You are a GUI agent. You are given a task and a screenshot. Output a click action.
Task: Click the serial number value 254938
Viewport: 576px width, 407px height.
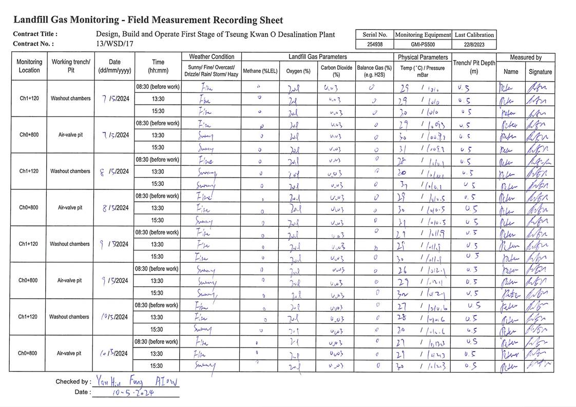[375, 45]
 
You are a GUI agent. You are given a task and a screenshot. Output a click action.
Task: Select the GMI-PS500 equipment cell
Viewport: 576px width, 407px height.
[423, 45]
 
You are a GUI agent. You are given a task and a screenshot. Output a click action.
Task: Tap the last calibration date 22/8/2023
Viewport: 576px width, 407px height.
[474, 45]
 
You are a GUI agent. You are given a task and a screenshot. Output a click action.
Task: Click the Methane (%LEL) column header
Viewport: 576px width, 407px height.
[260, 71]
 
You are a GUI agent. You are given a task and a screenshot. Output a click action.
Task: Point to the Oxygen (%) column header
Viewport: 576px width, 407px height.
[298, 71]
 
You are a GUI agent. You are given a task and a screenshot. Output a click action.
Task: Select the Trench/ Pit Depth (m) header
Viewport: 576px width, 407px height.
[474, 67]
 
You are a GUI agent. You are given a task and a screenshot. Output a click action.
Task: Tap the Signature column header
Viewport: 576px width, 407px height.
[540, 72]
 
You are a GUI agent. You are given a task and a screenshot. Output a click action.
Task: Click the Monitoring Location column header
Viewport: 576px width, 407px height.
[29, 66]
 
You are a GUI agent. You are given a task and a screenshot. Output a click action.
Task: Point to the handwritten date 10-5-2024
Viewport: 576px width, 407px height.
[133, 392]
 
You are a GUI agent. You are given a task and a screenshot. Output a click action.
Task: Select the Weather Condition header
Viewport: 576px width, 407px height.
[212, 57]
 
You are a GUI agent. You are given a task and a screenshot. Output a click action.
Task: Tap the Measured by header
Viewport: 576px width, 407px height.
[525, 57]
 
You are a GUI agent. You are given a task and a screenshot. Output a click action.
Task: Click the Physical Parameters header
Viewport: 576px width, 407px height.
[423, 57]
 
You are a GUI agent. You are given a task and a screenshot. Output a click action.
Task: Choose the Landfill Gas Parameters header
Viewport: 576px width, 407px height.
[317, 57]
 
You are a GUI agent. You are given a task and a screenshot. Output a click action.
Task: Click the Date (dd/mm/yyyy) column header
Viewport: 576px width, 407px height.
[114, 66]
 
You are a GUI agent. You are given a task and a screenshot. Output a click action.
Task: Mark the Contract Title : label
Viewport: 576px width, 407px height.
[35, 34]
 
